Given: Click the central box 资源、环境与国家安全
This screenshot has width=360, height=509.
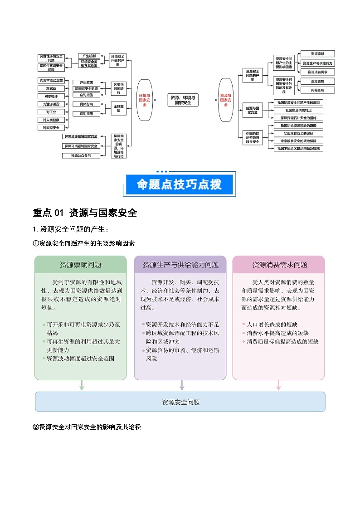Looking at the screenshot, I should (183, 100).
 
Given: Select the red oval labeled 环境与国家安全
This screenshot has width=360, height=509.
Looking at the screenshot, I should (145, 100).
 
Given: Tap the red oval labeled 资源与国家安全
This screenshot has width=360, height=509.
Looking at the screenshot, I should (225, 100).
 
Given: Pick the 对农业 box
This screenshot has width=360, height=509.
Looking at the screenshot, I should (50, 88).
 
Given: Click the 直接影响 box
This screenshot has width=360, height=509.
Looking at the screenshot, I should (317, 81).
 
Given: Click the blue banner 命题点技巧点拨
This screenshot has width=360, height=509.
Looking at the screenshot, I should (180, 184).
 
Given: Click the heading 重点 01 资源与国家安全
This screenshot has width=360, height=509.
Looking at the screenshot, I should (85, 213).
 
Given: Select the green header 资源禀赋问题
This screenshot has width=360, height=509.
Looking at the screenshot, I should (80, 265).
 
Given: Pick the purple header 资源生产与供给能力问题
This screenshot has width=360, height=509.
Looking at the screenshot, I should (180, 265).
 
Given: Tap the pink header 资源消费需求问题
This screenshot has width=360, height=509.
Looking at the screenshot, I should (279, 265).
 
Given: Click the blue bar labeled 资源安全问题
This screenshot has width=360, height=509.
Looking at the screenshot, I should (180, 402).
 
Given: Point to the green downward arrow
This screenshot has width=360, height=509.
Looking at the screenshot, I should (82, 385).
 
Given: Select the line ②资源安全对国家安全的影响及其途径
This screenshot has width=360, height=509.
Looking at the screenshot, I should (87, 427).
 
